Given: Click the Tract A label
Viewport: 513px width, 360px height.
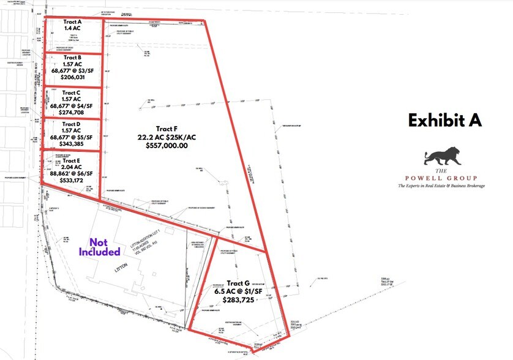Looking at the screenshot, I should [72, 21].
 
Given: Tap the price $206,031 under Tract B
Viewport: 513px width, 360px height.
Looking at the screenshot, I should [72, 78].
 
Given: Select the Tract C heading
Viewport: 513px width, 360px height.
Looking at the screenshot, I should [72, 92].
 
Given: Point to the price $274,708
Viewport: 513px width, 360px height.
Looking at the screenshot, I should [72, 113].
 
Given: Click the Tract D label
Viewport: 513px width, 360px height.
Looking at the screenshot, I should [72, 124].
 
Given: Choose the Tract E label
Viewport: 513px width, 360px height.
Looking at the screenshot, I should [72, 159].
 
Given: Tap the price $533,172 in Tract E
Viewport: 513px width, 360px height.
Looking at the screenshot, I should [72, 181].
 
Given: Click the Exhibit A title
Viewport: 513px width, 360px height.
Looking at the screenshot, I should [445, 120].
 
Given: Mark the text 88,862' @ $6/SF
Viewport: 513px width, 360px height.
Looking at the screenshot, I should [72, 173].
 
